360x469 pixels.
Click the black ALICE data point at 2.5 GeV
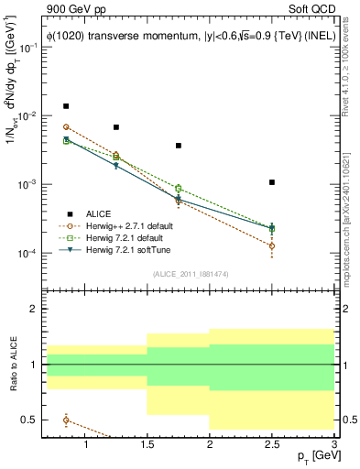click(272, 182)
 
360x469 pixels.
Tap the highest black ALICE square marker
click(66, 106)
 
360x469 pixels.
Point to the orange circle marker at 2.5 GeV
click(272, 245)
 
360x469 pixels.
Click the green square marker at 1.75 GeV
click(179, 189)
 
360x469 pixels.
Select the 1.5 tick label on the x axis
click(147, 445)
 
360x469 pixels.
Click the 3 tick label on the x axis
click(333, 445)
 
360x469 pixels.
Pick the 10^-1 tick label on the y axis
click(33, 48)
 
